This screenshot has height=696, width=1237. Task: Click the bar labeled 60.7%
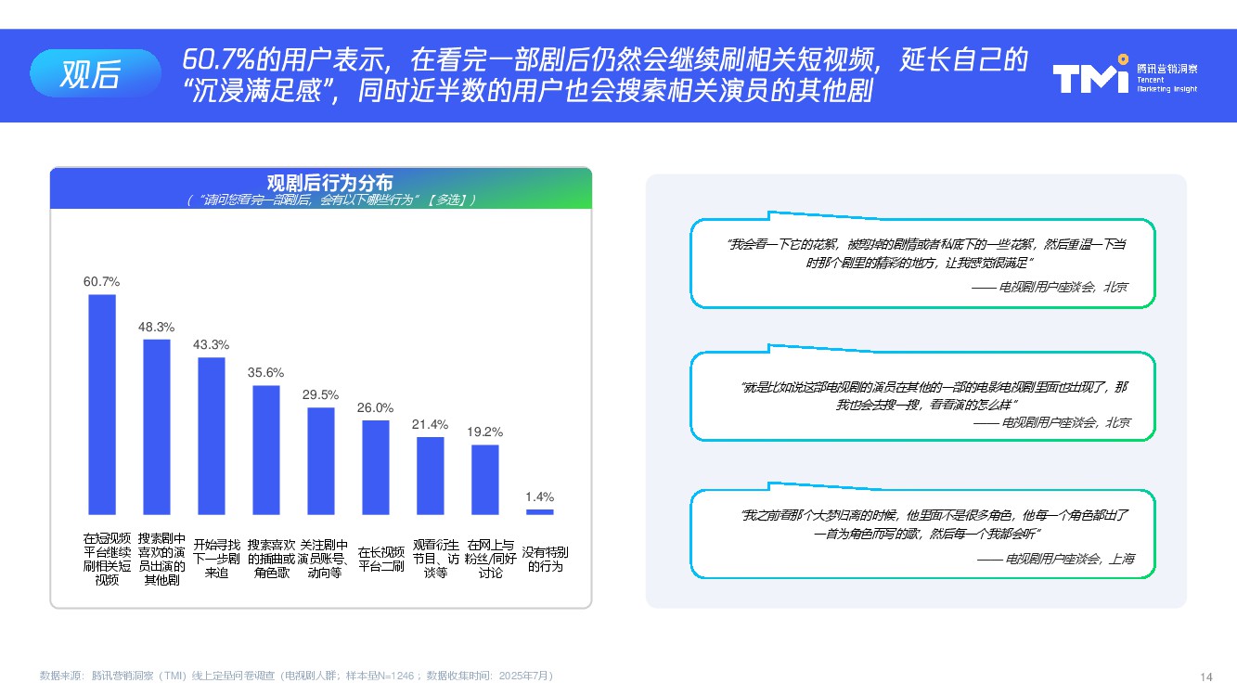tap(102, 405)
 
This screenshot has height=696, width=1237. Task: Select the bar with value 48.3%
tap(157, 427)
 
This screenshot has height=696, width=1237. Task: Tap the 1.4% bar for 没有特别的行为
tap(539, 512)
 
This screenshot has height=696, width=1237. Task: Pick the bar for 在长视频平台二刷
tap(376, 468)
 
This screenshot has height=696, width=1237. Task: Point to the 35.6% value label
tap(265, 372)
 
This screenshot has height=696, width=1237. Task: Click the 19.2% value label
tap(484, 432)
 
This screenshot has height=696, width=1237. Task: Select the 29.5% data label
tap(320, 394)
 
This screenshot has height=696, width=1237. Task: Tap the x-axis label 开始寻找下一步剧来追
tap(216, 559)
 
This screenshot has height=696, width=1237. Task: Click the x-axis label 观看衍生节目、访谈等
tap(436, 559)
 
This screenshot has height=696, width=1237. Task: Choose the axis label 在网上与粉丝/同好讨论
tap(490, 559)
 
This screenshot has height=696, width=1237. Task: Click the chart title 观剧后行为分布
tap(329, 182)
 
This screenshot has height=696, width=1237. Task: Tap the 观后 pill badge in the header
tap(95, 73)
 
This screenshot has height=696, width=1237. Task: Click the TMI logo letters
tap(1090, 77)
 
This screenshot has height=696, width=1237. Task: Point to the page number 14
tap(1206, 677)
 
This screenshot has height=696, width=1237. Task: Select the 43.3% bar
tap(212, 436)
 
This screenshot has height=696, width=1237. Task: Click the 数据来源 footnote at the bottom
tap(296, 676)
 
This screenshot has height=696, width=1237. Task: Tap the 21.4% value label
tap(430, 424)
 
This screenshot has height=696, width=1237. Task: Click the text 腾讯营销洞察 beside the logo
tap(1166, 69)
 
